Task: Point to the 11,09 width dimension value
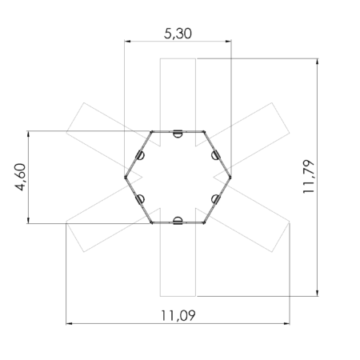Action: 178,314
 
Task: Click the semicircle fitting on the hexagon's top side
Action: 178,134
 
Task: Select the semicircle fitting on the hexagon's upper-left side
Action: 141,155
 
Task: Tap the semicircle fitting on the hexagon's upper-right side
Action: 215,155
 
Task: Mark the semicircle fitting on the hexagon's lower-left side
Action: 141,198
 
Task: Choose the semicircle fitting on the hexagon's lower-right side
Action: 215,198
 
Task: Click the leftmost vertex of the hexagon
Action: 126,176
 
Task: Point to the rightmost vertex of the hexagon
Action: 231,176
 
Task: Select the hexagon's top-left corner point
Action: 152,131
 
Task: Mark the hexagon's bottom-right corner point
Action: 205,222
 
